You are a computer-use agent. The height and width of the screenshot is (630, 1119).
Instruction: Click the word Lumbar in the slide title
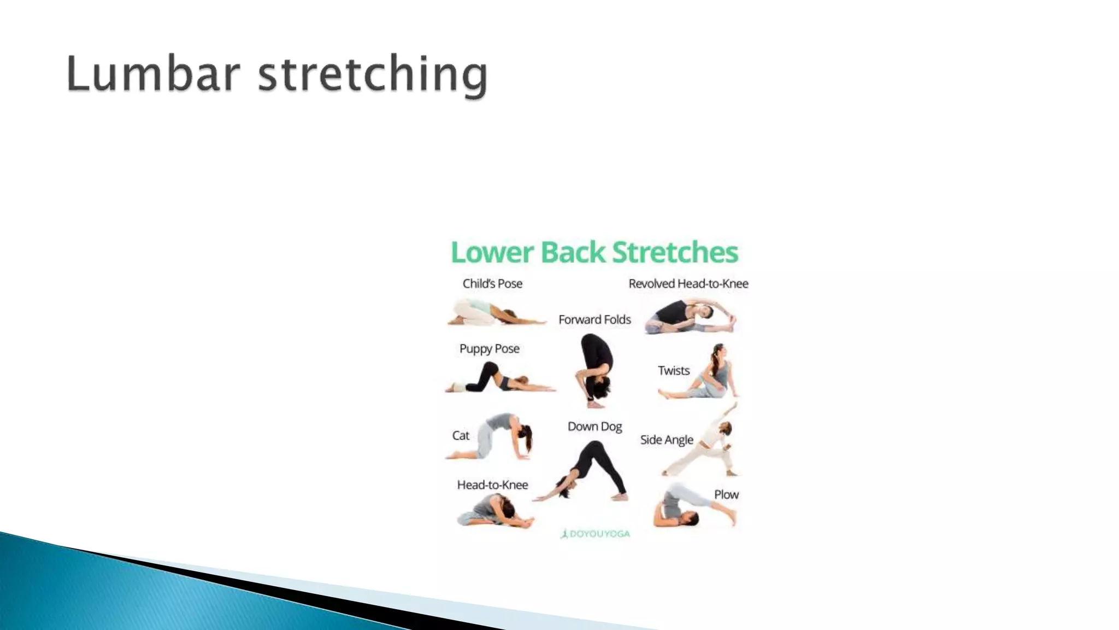coord(153,74)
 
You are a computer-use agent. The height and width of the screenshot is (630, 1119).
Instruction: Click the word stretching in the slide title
coord(373,75)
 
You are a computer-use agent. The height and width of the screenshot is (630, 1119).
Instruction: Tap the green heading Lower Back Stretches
coord(594,252)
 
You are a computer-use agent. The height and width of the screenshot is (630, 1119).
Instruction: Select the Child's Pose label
coord(492,284)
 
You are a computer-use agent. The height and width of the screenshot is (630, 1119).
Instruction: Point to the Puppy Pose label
coord(489,349)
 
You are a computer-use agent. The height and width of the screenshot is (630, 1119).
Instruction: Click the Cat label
coord(461,436)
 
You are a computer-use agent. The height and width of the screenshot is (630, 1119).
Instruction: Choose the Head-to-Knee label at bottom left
coord(492,485)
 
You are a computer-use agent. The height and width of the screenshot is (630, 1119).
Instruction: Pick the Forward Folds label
coord(594,319)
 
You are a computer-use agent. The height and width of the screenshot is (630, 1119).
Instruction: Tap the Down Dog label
coord(594,427)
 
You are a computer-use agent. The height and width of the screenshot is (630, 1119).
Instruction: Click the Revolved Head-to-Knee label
coord(688,284)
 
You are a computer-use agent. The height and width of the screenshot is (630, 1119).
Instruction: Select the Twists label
coord(674,371)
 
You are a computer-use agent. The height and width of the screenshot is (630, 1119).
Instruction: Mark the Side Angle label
coord(667,440)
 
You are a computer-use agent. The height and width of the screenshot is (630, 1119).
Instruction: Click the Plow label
coord(726,494)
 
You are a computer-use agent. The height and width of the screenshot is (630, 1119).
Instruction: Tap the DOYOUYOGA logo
coord(595,534)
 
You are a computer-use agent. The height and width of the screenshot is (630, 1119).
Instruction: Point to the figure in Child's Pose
coord(494,313)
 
